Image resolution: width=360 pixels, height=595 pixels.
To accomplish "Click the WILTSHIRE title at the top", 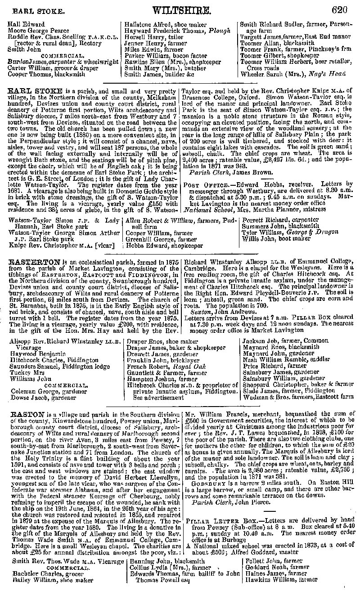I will [182, 10].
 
